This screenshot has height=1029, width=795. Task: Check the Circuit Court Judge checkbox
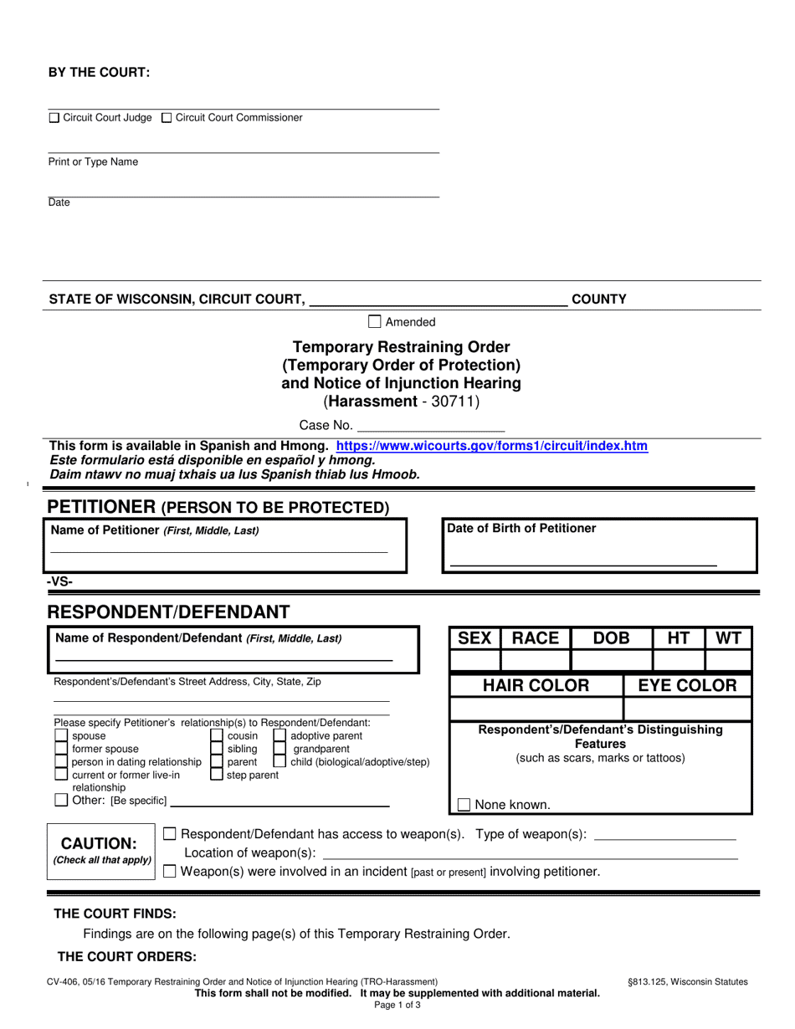pyautogui.click(x=54, y=119)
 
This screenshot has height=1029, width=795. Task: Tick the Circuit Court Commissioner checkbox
pyautogui.click(x=167, y=119)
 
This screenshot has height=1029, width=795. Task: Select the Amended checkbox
pyautogui.click(x=375, y=321)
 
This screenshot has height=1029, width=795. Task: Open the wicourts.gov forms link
pyautogui.click(x=491, y=447)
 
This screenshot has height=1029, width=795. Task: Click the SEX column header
pyautogui.click(x=474, y=638)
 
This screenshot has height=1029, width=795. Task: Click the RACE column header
pyautogui.click(x=536, y=638)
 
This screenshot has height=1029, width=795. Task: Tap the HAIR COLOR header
pyautogui.click(x=536, y=686)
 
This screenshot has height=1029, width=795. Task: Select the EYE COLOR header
pyautogui.click(x=687, y=686)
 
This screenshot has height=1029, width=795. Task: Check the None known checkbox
pyautogui.click(x=464, y=805)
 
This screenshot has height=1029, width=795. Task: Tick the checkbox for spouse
pyautogui.click(x=61, y=736)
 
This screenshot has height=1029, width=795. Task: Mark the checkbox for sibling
pyautogui.click(x=216, y=750)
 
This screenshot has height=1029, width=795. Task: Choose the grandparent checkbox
pyautogui.click(x=280, y=750)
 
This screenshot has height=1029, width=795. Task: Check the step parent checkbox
pyautogui.click(x=216, y=776)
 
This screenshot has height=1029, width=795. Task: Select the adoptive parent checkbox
pyautogui.click(x=280, y=736)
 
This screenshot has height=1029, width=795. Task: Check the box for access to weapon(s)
pyautogui.click(x=170, y=833)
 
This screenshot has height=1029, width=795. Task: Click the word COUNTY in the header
pyautogui.click(x=598, y=299)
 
